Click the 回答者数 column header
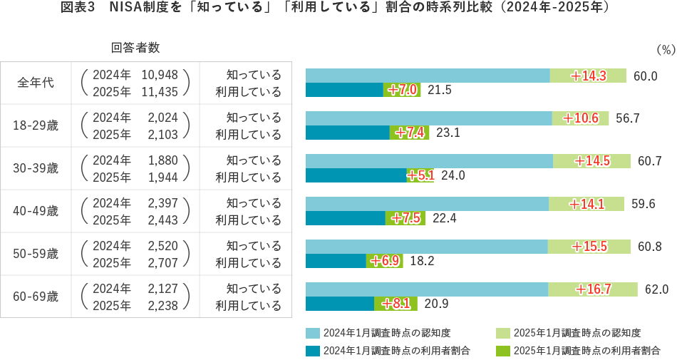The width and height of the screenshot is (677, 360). [x=135, y=48]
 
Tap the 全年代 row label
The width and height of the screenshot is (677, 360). [x=36, y=83]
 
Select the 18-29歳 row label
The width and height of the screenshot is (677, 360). [x=36, y=125]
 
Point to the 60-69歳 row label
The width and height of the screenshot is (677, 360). [x=36, y=297]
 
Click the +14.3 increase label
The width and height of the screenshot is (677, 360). [x=589, y=76]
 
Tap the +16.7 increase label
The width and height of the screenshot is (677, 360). [x=594, y=289]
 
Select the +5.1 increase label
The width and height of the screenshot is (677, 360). [x=420, y=175]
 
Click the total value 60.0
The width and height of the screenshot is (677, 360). [x=645, y=76]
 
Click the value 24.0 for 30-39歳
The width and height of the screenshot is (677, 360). [x=453, y=175]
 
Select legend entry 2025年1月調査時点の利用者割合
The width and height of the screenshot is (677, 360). [x=586, y=350]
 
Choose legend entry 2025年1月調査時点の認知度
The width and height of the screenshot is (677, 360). [x=577, y=333]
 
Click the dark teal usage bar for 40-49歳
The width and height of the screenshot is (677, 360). [x=345, y=218]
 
